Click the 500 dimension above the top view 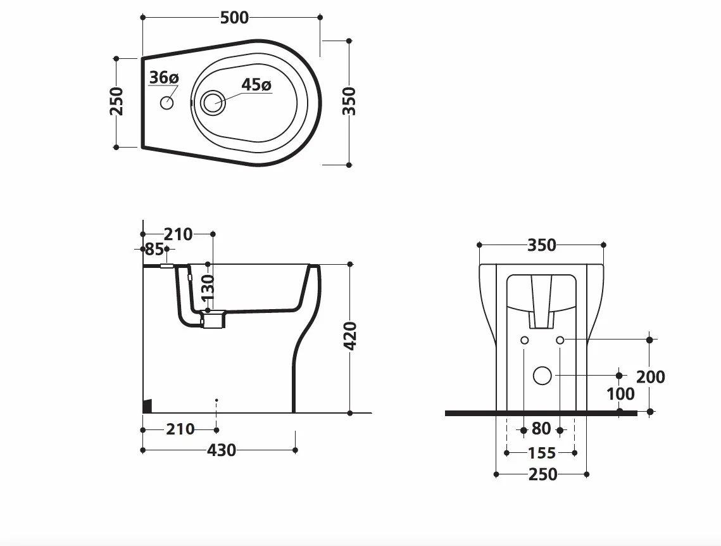point(234,18)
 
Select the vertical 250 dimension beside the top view point(117,101)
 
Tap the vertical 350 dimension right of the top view point(349,101)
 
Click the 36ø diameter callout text point(164,77)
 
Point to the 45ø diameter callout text point(256,85)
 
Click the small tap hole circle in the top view point(167,103)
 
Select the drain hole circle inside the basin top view point(213,102)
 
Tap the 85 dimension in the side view point(154,250)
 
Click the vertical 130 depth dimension point(208,287)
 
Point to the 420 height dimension point(351,336)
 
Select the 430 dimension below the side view point(221,450)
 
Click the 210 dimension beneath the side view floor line point(180,429)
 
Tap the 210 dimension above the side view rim point(179,234)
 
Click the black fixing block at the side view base point(147,406)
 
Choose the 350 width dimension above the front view point(542,245)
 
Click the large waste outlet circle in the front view point(542,376)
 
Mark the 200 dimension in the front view point(651,377)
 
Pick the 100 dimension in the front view point(621,394)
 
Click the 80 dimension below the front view point(541,429)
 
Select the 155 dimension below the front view point(542,453)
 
